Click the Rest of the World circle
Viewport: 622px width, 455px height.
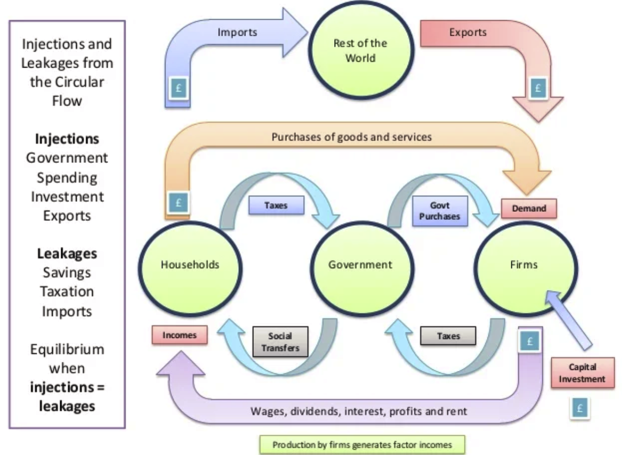click(x=361, y=51)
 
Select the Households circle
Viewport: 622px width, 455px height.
click(x=190, y=264)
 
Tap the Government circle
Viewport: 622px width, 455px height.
click(x=360, y=264)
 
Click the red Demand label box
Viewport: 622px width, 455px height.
click(x=529, y=209)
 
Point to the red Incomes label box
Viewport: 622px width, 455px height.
click(x=179, y=335)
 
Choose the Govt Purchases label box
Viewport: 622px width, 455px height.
click(x=439, y=211)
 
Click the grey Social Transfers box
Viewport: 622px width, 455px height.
click(x=280, y=342)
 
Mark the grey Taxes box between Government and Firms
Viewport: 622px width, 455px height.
click(x=448, y=336)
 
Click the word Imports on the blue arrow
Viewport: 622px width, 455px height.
click(x=237, y=32)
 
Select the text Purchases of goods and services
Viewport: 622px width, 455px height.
click(x=351, y=137)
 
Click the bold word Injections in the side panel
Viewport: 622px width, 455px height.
click(x=67, y=139)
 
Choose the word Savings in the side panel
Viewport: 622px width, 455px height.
click(x=67, y=272)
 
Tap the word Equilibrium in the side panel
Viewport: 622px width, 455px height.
click(x=67, y=350)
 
